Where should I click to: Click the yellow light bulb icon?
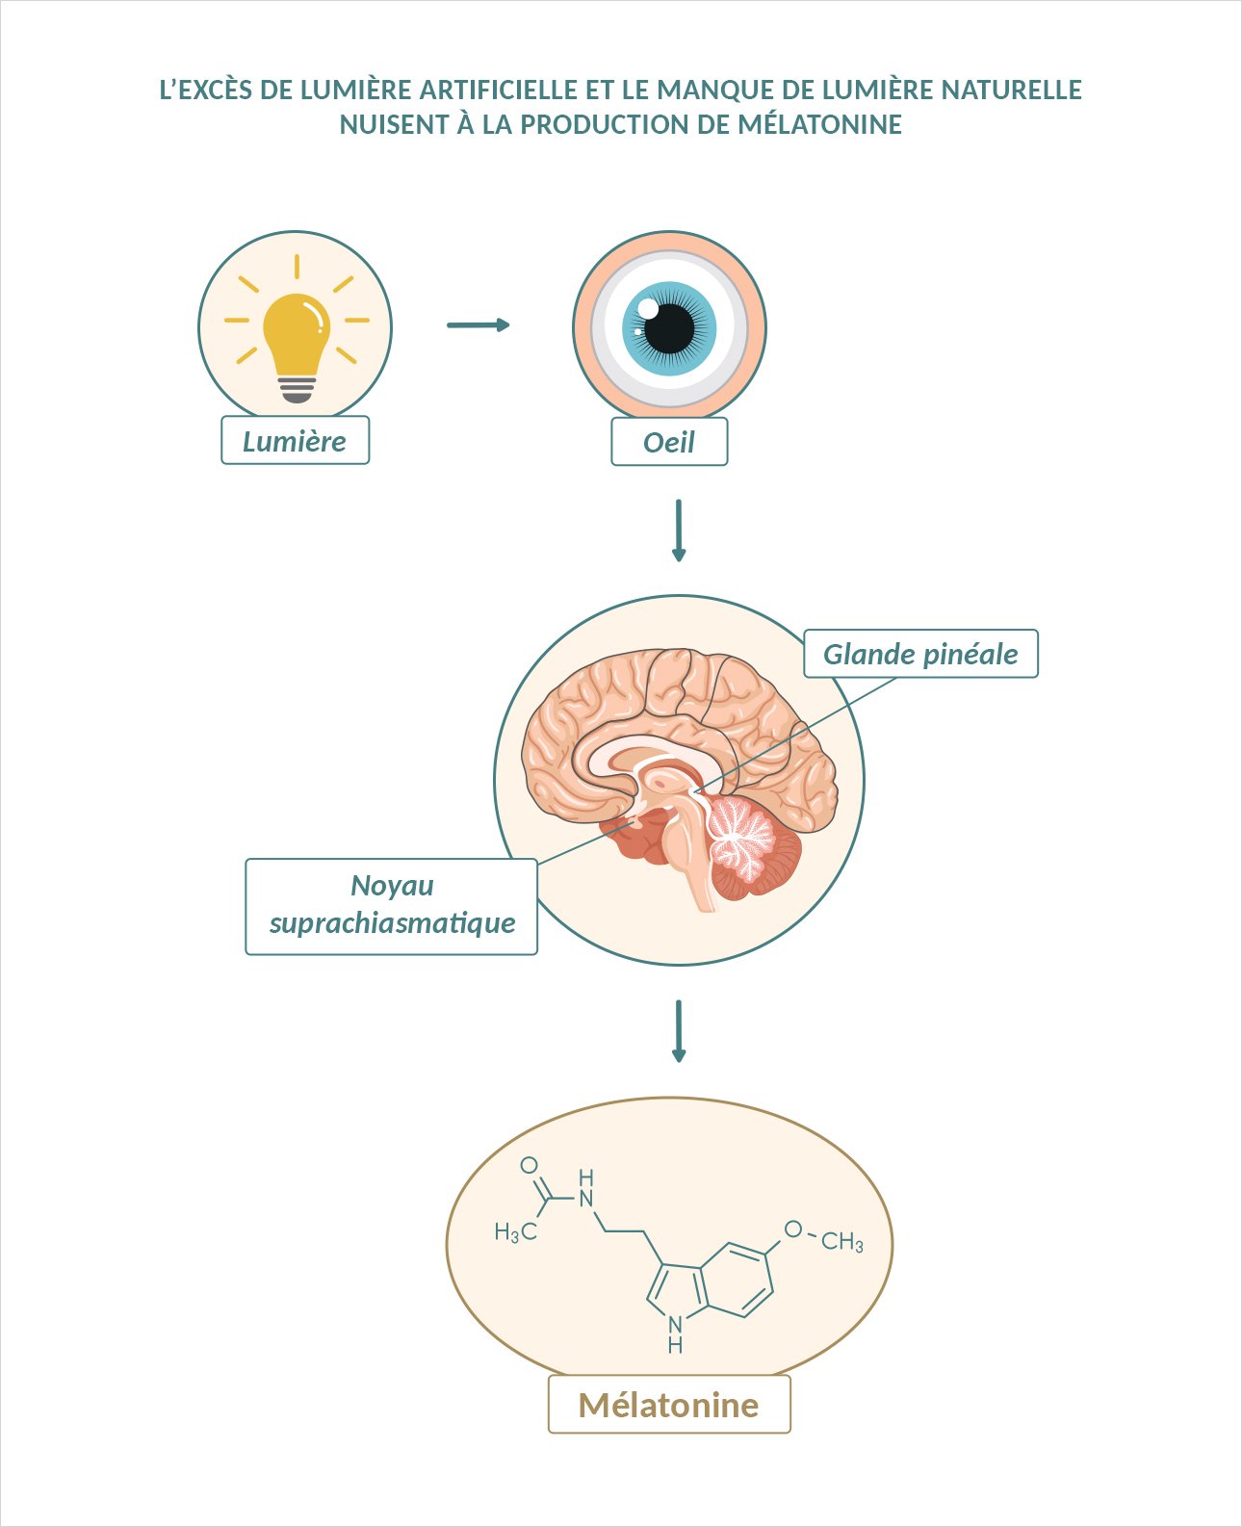click(296, 332)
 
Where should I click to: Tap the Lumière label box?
click(295, 441)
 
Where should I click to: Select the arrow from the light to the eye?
click(478, 325)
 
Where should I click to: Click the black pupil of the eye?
click(669, 328)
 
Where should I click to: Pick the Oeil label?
click(669, 443)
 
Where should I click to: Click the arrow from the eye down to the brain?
click(679, 530)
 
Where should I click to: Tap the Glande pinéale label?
click(920, 654)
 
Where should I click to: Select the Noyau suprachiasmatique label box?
click(391, 906)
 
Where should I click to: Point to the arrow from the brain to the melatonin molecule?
click(679, 1030)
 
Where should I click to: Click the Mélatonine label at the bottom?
click(669, 1405)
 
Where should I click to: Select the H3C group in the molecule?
click(515, 1232)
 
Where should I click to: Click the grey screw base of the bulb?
click(297, 389)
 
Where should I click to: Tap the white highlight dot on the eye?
click(648, 308)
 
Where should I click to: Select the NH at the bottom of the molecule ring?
click(675, 1333)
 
